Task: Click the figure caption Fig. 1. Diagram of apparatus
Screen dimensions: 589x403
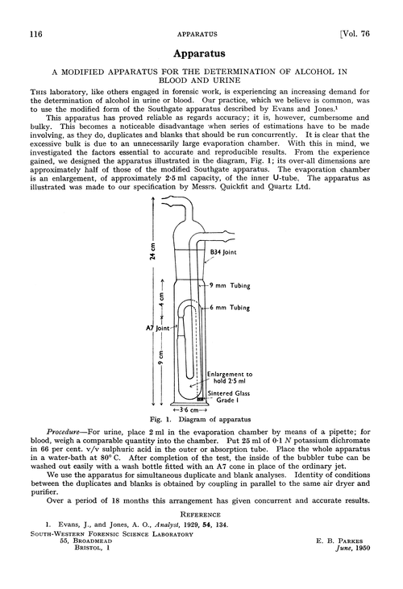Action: [x=201, y=420]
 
